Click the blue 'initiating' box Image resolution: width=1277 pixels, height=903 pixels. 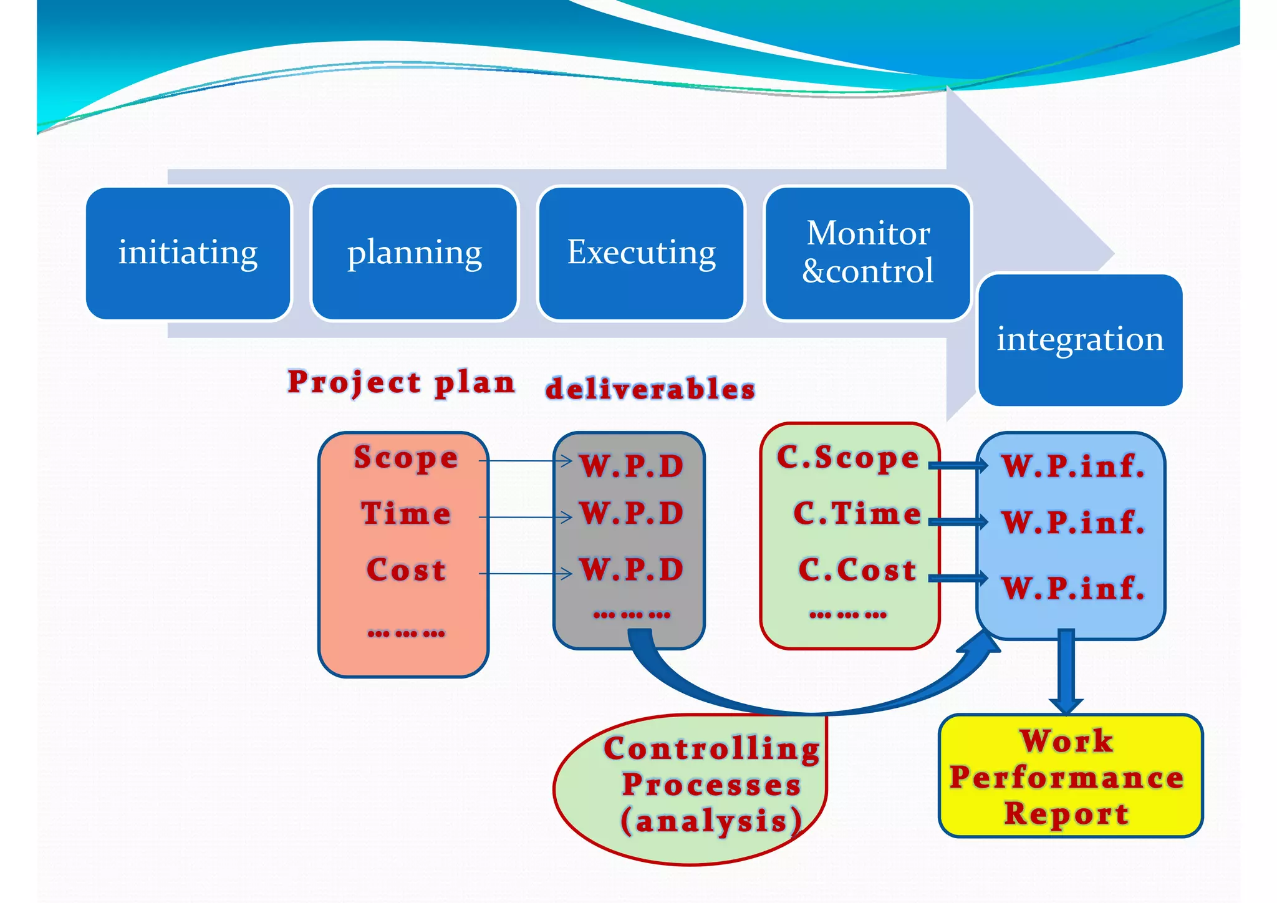(188, 254)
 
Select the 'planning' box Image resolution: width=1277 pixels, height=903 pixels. (415, 254)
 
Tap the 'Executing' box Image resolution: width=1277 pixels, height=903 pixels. (641, 254)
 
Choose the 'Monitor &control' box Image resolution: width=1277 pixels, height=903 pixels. (867, 254)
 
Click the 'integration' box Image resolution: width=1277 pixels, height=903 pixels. (1080, 340)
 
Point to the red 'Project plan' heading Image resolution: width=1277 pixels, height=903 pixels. (401, 382)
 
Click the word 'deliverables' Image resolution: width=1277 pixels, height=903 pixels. (650, 389)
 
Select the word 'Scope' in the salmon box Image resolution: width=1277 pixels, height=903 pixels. (406, 458)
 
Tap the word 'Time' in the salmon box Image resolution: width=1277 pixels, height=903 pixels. (406, 514)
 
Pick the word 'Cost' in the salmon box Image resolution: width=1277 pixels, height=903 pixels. (406, 570)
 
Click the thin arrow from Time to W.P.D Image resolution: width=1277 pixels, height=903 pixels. (525, 517)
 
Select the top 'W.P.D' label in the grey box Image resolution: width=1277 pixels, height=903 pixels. (632, 466)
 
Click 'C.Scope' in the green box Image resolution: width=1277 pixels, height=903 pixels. (848, 457)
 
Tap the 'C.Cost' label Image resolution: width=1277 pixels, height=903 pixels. (857, 570)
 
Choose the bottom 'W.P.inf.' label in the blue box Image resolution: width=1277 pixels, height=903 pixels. (1073, 588)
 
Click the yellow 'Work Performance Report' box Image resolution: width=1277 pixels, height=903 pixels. (1070, 776)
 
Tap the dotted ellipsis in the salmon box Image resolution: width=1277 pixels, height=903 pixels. (406, 634)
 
